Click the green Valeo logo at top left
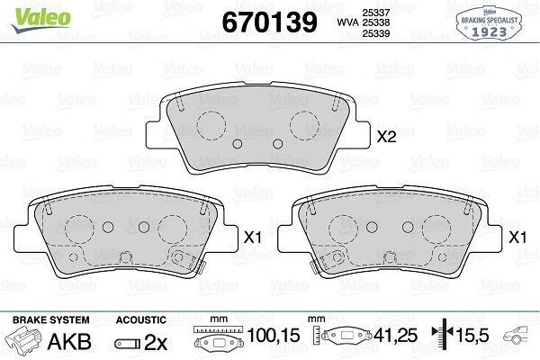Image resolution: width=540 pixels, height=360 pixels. [41, 20]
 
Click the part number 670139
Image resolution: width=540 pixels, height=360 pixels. [269, 22]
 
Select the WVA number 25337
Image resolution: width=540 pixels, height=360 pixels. [375, 13]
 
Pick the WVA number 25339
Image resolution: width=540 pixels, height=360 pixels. [375, 33]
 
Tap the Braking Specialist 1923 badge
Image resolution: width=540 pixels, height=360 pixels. [489, 23]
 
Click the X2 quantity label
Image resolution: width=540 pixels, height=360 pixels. [386, 137]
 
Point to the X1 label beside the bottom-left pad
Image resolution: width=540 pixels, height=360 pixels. [253, 237]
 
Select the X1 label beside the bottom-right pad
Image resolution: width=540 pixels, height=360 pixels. [517, 237]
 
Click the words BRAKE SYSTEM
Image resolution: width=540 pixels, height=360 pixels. [51, 320]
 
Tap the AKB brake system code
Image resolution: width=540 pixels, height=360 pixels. [69, 341]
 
